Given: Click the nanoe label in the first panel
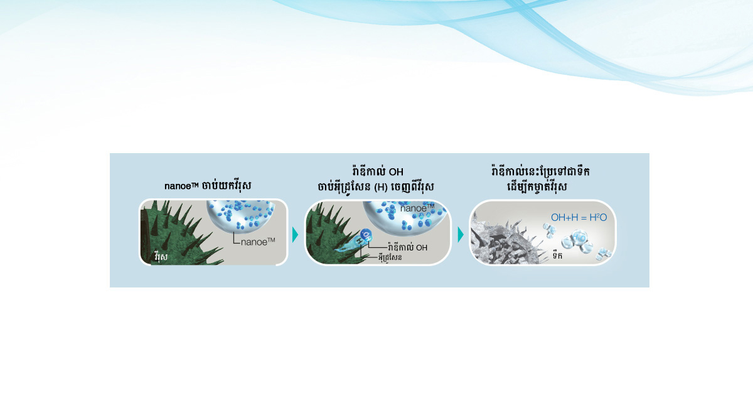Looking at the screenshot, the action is (x=258, y=242).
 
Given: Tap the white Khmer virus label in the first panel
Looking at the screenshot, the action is (x=161, y=257).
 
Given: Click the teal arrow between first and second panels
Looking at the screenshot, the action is (x=295, y=234).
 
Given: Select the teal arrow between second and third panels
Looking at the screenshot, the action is (x=461, y=234).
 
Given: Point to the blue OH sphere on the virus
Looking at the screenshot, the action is (x=366, y=234).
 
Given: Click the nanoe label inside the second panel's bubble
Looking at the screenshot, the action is (x=417, y=208).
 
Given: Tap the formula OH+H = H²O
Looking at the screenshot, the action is (x=579, y=218).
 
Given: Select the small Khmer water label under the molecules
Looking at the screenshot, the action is (x=557, y=255).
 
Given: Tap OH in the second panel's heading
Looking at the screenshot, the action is (x=396, y=172).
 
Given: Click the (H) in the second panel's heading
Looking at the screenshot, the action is (x=381, y=187).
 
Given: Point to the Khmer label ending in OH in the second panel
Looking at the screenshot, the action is (x=407, y=247).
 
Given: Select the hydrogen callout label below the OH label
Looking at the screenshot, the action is (x=390, y=257).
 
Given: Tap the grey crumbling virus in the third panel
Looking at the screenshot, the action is (x=505, y=240).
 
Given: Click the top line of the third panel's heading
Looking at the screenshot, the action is (x=540, y=171).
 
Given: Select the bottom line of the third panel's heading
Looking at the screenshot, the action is (x=537, y=186).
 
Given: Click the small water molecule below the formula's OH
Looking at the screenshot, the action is (x=550, y=231).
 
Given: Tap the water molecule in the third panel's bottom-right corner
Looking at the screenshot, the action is (x=604, y=254).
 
